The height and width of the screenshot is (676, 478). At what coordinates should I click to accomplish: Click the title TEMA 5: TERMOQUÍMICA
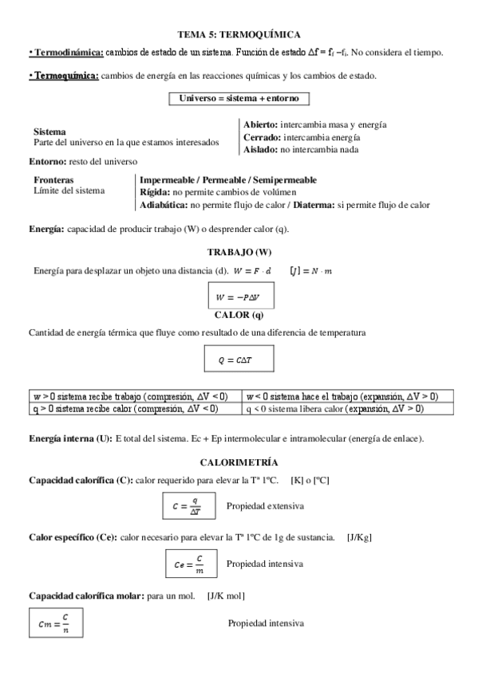point(239,34)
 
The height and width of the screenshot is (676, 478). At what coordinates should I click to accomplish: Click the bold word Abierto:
point(260,125)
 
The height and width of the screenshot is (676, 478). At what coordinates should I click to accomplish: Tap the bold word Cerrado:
point(261,137)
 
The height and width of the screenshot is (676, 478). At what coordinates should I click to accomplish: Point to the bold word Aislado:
point(259,149)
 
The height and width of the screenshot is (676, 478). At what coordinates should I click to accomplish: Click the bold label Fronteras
point(53,180)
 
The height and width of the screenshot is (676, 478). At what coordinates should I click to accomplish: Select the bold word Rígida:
point(154,192)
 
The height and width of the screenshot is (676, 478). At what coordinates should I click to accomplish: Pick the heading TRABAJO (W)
point(239,252)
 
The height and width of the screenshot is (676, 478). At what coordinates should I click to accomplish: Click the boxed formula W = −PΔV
point(239,297)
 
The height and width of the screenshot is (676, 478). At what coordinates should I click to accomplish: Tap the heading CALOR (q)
point(239,314)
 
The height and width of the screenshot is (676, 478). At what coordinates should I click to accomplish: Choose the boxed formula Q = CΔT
point(239,360)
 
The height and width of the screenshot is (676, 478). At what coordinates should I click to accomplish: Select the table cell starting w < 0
point(347,396)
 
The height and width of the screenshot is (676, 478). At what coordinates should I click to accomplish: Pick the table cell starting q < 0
point(347,408)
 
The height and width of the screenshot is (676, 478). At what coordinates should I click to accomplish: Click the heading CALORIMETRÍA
point(239,462)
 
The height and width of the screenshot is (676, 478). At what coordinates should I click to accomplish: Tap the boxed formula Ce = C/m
point(189,564)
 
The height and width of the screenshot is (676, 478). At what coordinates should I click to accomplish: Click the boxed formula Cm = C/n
point(54,623)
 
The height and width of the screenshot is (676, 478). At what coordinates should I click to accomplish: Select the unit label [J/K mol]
point(226,595)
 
